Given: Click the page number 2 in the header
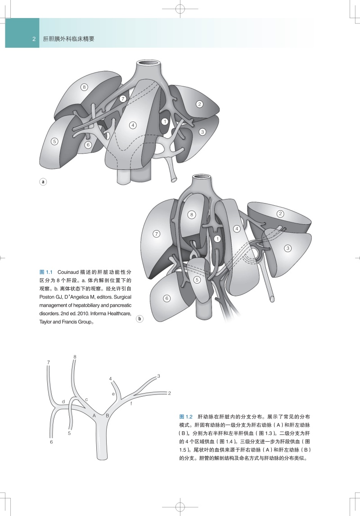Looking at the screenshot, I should [34, 39].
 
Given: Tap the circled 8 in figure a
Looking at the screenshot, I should [84, 87].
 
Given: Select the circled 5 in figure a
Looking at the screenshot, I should [54, 141].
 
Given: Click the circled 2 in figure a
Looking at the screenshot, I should [199, 104].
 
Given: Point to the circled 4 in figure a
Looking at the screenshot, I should [133, 125].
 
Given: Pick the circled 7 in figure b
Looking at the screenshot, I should [157, 234].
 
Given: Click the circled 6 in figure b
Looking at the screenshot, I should [166, 298].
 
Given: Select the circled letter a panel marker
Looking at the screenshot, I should [43, 182].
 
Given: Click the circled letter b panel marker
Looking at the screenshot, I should [139, 319].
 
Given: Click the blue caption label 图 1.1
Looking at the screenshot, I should [46, 272].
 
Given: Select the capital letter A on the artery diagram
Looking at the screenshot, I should [94, 415].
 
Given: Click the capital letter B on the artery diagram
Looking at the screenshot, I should [108, 415].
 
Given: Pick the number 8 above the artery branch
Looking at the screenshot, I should [75, 357].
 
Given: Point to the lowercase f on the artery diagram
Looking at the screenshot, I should [131, 404].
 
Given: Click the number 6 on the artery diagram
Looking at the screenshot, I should [51, 443].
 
